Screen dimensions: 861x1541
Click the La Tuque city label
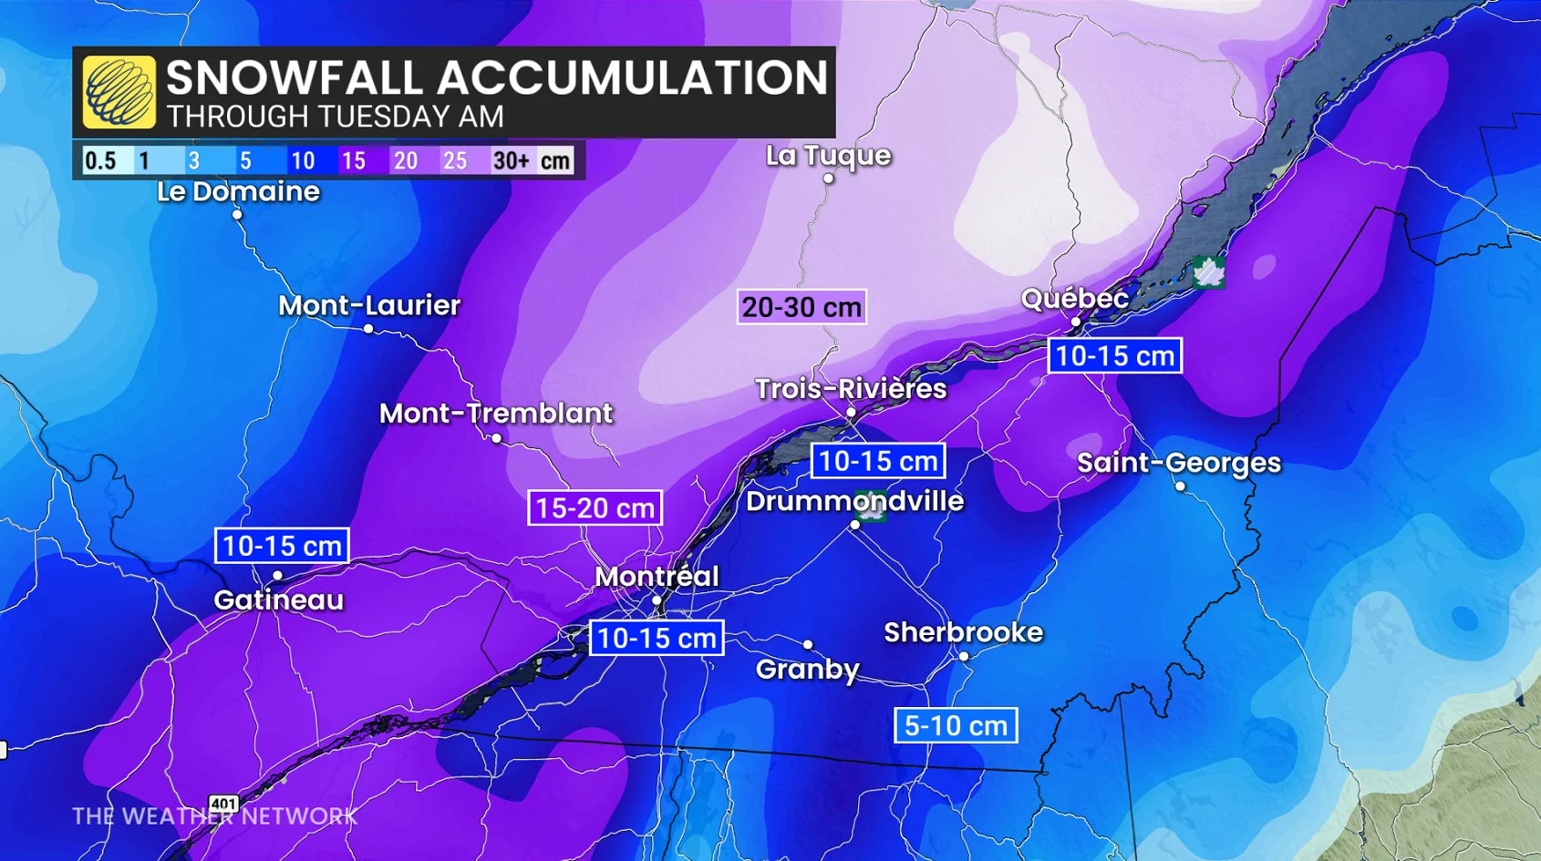(828, 156)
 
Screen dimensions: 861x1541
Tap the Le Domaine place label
(238, 191)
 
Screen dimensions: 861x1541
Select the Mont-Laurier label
(368, 305)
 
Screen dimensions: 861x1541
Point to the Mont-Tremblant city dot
(496, 439)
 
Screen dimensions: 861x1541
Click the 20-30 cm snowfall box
(802, 307)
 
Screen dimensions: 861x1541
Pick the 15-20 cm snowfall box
(595, 507)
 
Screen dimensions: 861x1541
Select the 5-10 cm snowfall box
(955, 726)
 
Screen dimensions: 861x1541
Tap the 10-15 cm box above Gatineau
(282, 546)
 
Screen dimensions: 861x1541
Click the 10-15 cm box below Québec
(1114, 355)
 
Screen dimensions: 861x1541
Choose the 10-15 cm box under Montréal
(657, 638)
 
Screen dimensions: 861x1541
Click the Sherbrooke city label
(963, 632)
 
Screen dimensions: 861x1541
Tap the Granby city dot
(808, 644)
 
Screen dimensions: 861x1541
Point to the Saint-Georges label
(1178, 463)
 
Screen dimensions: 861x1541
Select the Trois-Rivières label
(850, 389)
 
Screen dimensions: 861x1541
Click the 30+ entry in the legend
(511, 161)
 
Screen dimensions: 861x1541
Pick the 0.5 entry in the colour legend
(100, 161)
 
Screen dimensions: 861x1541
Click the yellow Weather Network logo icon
(119, 92)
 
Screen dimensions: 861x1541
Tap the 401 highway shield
(223, 804)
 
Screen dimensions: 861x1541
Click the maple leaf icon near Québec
(1208, 272)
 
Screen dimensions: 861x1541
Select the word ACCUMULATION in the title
(632, 77)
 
